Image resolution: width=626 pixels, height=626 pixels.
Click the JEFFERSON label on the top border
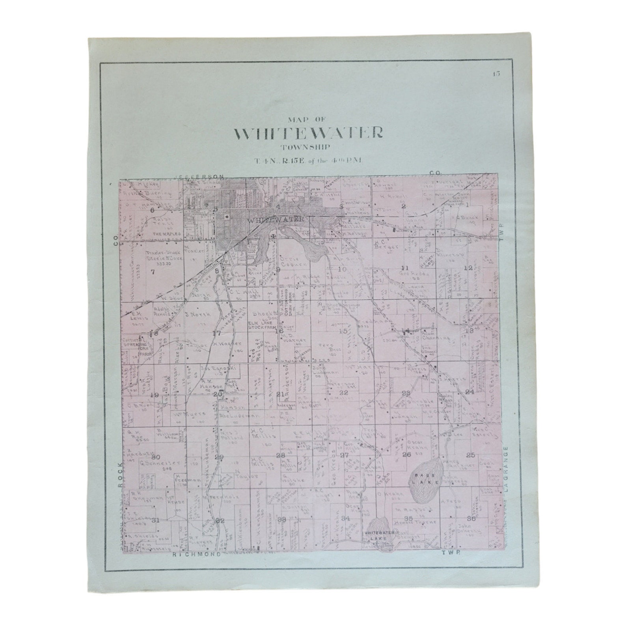tap(201, 177)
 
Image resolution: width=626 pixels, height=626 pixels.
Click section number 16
tap(279, 331)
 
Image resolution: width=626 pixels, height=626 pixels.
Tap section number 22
tap(344, 393)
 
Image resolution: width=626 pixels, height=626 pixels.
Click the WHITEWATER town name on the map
tap(276, 219)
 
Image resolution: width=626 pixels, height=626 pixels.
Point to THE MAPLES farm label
tap(166, 234)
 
